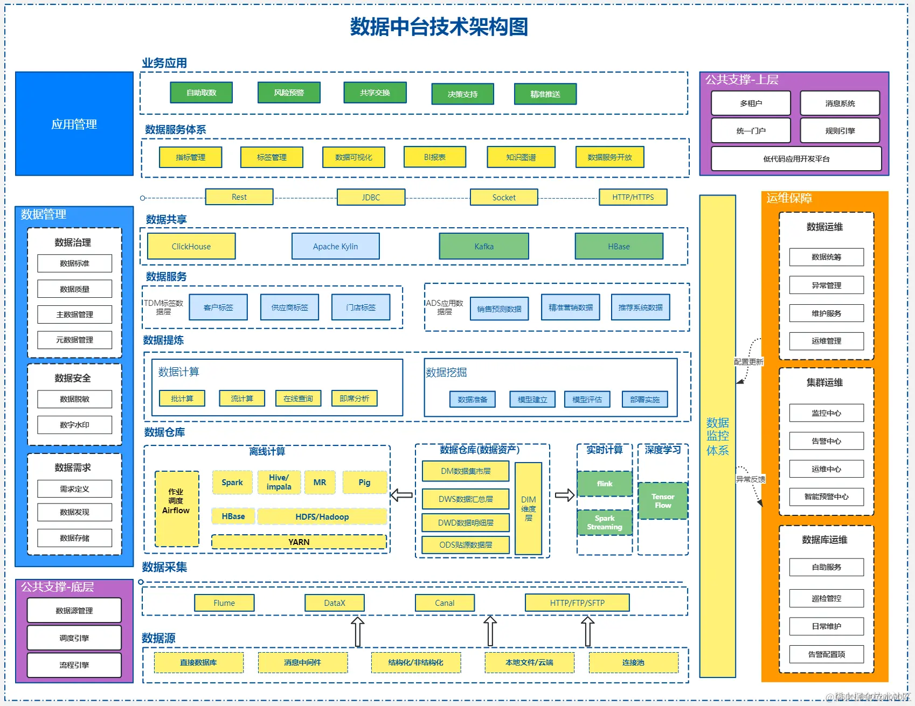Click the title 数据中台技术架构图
point(439,26)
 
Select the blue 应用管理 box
point(74,124)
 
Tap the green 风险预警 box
point(289,93)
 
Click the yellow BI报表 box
point(434,157)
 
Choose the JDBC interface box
point(371,197)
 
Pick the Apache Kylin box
point(335,246)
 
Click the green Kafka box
point(484,246)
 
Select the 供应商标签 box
point(289,307)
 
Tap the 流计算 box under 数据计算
point(242,399)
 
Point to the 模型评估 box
point(587,399)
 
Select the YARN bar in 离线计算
point(299,542)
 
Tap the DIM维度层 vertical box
point(528,508)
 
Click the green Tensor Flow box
point(663,501)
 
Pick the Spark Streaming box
point(604,522)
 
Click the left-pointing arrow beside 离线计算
point(401,495)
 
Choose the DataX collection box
point(334,603)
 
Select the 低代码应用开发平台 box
point(796,159)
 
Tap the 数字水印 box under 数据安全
point(74,425)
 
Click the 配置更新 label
point(748,362)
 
